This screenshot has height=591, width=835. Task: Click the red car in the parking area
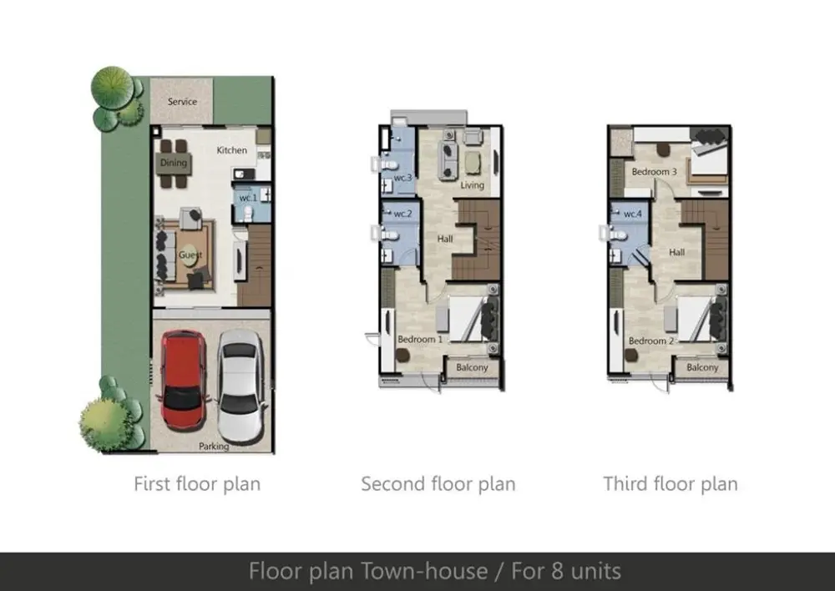tap(183, 380)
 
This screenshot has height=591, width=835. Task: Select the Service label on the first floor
tap(182, 102)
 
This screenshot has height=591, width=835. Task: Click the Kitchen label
tap(231, 150)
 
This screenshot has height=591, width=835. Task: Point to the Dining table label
tap(174, 163)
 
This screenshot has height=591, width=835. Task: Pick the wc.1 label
tap(248, 198)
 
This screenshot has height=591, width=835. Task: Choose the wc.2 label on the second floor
tap(402, 214)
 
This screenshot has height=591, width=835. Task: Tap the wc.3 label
tap(402, 177)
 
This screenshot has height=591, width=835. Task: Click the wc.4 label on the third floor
tap(633, 214)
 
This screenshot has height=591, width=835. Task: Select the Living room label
tap(473, 185)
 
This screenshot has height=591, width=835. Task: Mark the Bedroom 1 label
tap(420, 339)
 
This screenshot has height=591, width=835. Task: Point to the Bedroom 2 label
tap(651, 341)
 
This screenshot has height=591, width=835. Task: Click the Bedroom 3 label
tap(655, 172)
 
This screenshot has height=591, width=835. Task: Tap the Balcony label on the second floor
tap(472, 367)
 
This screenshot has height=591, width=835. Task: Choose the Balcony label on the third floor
tap(702, 367)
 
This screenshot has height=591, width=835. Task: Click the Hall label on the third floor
tap(677, 252)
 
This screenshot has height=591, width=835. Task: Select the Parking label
tap(214, 447)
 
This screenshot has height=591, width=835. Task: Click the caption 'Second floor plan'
tap(438, 484)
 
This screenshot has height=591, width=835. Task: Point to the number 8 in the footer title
tap(558, 571)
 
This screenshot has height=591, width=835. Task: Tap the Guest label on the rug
tap(190, 255)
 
